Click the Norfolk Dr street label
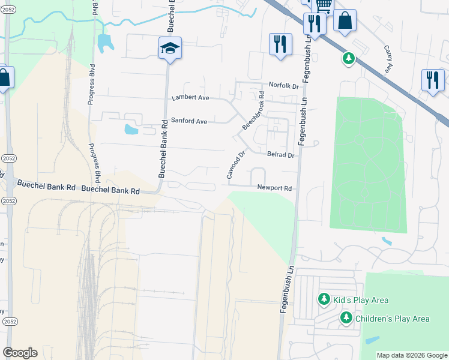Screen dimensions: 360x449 point(283,86)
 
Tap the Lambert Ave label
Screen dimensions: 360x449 point(190,97)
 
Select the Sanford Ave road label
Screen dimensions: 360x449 point(189,121)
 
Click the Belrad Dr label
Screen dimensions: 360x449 point(280,155)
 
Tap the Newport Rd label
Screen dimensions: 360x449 point(274,188)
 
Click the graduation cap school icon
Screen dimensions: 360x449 point(170,49)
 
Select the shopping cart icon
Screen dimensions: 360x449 point(324,6)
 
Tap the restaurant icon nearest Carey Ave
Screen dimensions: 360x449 point(433,80)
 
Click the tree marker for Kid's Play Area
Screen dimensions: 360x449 point(324,299)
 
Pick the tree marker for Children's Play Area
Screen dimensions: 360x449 point(346,317)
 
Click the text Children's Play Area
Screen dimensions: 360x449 point(393,319)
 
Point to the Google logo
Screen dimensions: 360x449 point(20,353)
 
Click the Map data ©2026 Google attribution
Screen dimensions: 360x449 point(412,355)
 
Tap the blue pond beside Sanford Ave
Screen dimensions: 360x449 point(130,129)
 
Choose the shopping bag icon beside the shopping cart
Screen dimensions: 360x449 point(345,21)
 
